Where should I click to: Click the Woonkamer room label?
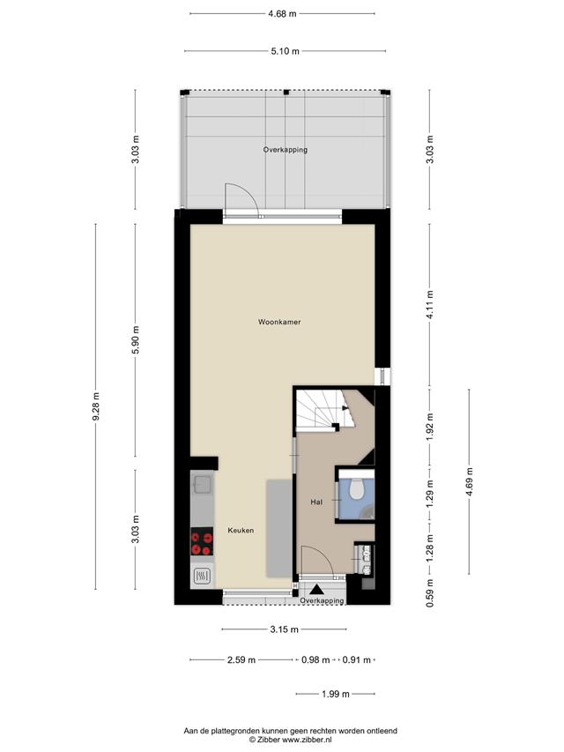pyautogui.click(x=279, y=322)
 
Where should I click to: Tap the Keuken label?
pyautogui.click(x=241, y=530)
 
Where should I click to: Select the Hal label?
pyautogui.click(x=316, y=503)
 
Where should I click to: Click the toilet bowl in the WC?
pyautogui.click(x=356, y=488)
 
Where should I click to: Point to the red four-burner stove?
pyautogui.click(x=202, y=541)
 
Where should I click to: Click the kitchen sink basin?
pyautogui.click(x=202, y=485)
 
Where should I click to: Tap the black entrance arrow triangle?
pyautogui.click(x=316, y=590)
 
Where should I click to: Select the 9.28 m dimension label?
pyautogui.click(x=96, y=406)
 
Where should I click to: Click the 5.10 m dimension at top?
pyautogui.click(x=285, y=51)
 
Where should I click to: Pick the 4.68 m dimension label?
pyautogui.click(x=283, y=14)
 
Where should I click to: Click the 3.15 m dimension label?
pyautogui.click(x=285, y=629)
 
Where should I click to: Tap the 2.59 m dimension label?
pyautogui.click(x=241, y=660)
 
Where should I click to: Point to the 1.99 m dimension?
pyautogui.click(x=335, y=694)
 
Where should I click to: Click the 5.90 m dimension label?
pyautogui.click(x=136, y=339)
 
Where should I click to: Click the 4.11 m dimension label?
pyautogui.click(x=430, y=304)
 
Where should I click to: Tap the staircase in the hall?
pyautogui.click(x=323, y=409)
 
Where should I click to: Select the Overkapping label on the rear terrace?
pyautogui.click(x=286, y=150)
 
